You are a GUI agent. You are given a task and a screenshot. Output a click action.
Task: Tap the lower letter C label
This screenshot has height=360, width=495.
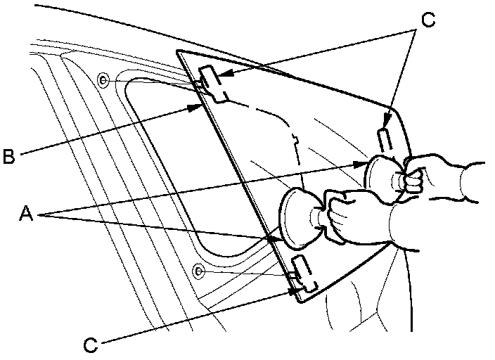pos(91,345)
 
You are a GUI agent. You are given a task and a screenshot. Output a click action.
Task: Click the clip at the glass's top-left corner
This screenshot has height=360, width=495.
pos(212,84)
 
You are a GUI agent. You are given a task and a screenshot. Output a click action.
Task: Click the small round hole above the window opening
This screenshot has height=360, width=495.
pos(103,79)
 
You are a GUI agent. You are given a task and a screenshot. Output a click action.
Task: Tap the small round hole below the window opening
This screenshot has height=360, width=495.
pos(200,271)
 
